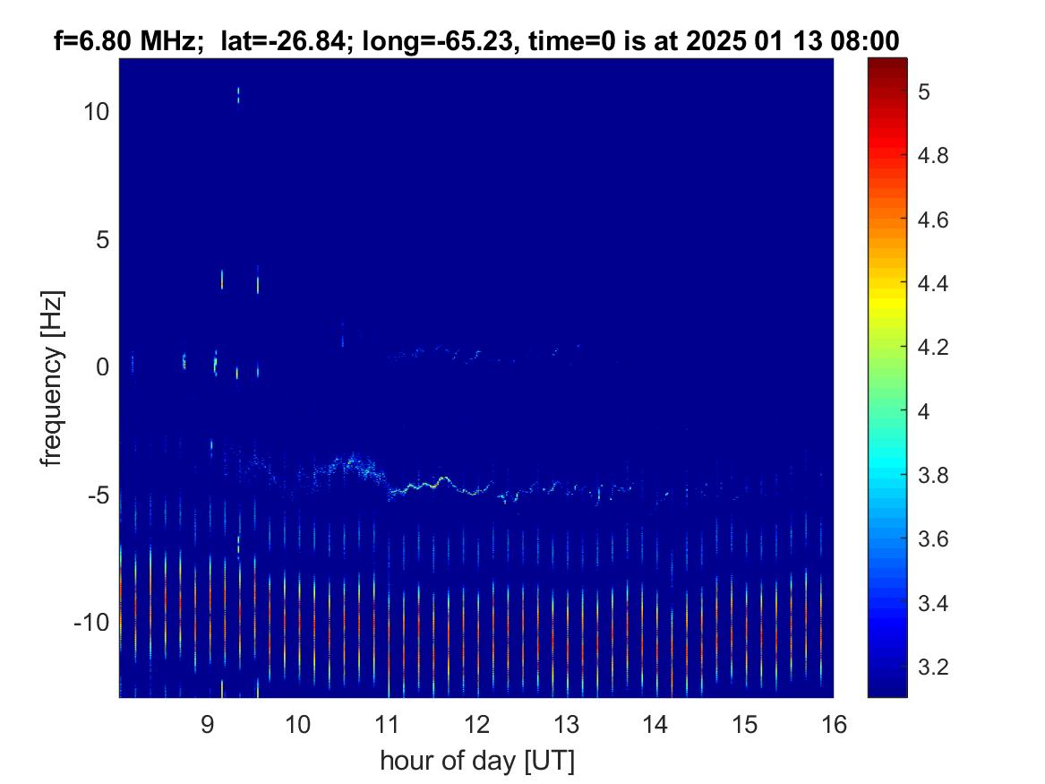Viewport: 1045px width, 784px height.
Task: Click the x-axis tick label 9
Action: click(207, 724)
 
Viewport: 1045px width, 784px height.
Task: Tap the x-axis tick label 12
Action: click(476, 724)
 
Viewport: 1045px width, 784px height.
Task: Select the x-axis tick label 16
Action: click(834, 724)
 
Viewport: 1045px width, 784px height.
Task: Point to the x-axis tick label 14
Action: click(655, 724)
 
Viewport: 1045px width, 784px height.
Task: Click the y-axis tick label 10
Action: click(96, 112)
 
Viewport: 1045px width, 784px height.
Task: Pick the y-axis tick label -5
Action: click(98, 495)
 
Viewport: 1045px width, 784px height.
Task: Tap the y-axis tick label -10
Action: click(91, 623)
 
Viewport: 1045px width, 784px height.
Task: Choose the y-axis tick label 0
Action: click(103, 367)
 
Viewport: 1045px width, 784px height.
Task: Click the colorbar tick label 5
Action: click(924, 91)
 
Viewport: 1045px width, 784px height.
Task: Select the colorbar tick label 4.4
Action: click(932, 283)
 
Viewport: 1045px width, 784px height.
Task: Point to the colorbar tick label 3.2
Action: click(932, 667)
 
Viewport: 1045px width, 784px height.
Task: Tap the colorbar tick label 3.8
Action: click(932, 476)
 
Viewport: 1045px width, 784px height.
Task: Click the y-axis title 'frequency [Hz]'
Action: click(52, 378)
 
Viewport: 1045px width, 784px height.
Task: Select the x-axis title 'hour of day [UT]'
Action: click(476, 761)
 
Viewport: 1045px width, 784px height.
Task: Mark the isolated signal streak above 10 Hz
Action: click(238, 95)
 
